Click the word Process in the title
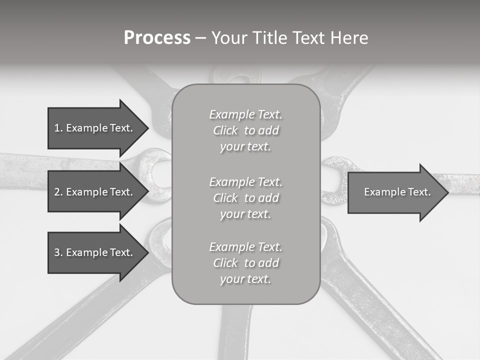(x=157, y=38)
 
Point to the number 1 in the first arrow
(x=57, y=128)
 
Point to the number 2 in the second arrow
(x=57, y=192)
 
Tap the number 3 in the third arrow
(x=57, y=252)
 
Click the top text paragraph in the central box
(x=246, y=130)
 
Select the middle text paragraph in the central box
(x=246, y=197)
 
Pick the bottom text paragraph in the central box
(x=246, y=263)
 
